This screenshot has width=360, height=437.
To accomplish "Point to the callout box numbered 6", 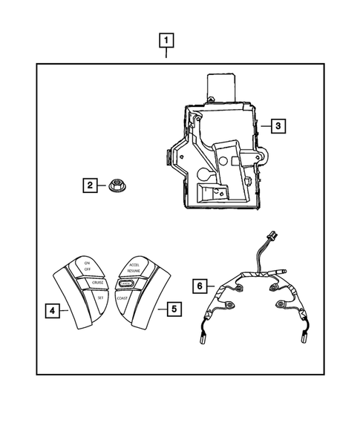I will [198, 284].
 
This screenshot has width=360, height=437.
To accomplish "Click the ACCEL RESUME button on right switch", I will [134, 267].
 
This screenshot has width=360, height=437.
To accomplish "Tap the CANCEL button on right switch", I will [125, 283].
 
